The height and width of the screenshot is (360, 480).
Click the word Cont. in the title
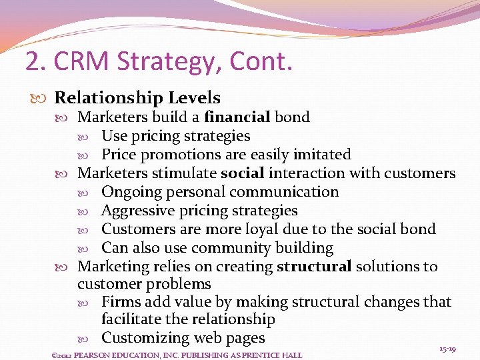[x=261, y=62]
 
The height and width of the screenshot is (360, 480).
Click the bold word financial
[x=237, y=117]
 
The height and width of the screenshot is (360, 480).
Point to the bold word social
[x=243, y=173]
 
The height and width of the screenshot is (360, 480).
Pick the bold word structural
[x=313, y=267]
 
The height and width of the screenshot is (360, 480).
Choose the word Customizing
[x=145, y=338]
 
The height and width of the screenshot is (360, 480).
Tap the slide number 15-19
[x=447, y=349]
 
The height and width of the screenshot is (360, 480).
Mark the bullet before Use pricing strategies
[x=92, y=137]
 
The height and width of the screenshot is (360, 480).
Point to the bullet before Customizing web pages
[x=92, y=339]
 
